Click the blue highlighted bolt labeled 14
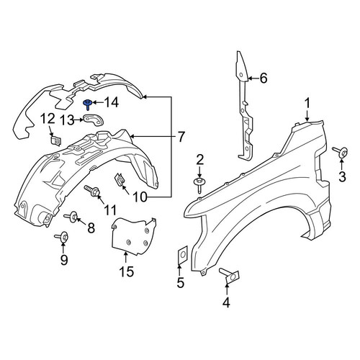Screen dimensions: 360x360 pyautogui.click(x=88, y=104)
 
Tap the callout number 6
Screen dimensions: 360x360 pyautogui.click(x=264, y=78)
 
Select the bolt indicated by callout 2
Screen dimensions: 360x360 pyautogui.click(x=199, y=184)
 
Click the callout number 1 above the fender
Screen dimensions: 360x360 pyautogui.click(x=307, y=104)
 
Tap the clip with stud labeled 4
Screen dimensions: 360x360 pyautogui.click(x=230, y=276)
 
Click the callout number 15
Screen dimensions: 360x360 pyautogui.click(x=127, y=271)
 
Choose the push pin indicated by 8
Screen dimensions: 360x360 pyautogui.click(x=71, y=216)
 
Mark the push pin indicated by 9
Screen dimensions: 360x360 pyautogui.click(x=62, y=237)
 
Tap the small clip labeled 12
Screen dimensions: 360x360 pyautogui.click(x=55, y=140)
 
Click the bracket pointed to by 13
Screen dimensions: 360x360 pyautogui.click(x=94, y=120)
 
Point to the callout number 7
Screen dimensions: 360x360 pyautogui.click(x=181, y=137)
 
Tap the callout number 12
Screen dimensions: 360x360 pyautogui.click(x=48, y=120)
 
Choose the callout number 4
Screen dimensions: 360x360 pyautogui.click(x=226, y=302)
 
